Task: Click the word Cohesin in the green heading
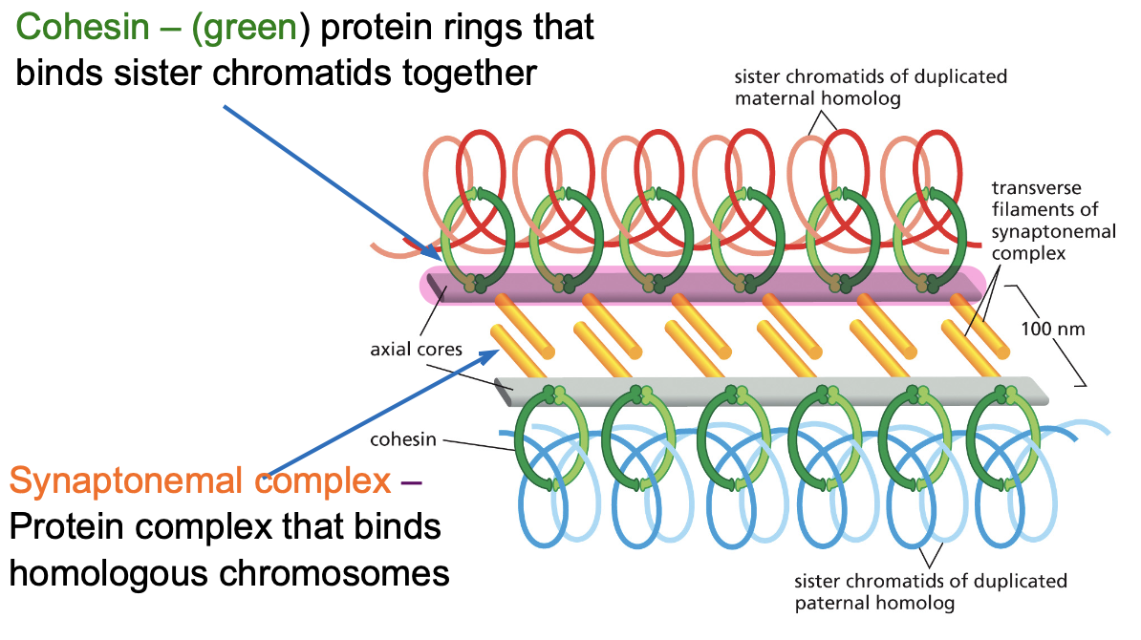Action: click(82, 28)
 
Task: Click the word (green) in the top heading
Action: click(245, 29)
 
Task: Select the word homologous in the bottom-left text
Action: click(108, 574)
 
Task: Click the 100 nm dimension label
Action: click(1052, 330)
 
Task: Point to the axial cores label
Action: click(416, 349)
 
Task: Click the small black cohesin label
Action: click(402, 440)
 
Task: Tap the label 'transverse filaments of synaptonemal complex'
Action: click(1053, 221)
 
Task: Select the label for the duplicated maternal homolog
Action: click(871, 87)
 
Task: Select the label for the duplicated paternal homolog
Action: click(930, 592)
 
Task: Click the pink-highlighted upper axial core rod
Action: click(703, 285)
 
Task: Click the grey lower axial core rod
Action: click(771, 392)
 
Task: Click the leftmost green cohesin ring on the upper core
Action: click(444, 240)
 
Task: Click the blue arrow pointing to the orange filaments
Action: click(383, 412)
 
